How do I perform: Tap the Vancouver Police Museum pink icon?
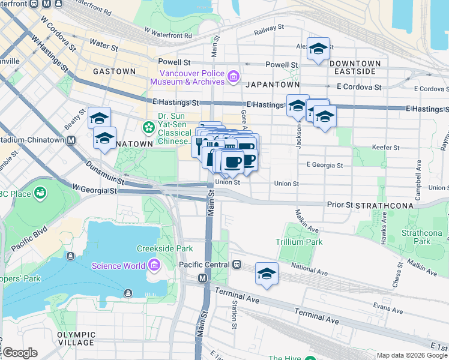coord(233,76)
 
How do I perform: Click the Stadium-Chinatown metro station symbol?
coord(71,140)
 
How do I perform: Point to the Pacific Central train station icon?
coord(237,265)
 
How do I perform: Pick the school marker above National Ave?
coord(267,273)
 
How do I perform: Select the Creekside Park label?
coord(164,248)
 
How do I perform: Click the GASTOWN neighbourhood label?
coord(114,71)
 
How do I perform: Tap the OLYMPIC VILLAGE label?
coord(76,338)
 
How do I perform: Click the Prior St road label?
coord(339,205)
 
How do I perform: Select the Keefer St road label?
coord(387,147)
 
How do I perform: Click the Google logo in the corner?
coord(19,352)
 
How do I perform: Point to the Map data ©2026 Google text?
coord(412,355)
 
